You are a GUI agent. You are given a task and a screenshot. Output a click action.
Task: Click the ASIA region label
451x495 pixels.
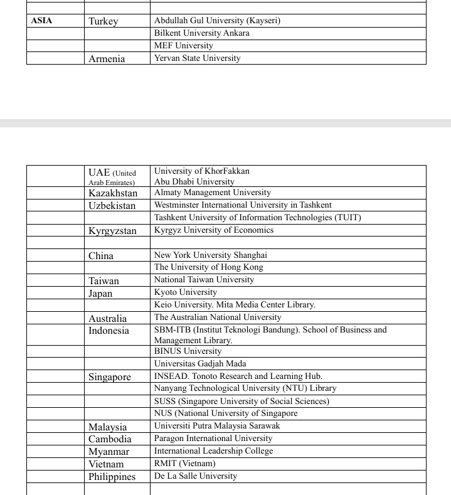(x=42, y=21)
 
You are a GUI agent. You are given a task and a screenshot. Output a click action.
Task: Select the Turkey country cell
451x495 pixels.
(x=103, y=21)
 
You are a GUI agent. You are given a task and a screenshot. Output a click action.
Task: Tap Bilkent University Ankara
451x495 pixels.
(x=202, y=33)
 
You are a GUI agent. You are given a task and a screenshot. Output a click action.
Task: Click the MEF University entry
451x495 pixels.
(x=184, y=46)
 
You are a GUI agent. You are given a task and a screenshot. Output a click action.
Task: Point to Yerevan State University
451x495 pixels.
(x=198, y=58)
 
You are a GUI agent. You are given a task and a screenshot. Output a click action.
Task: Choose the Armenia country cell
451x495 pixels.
(x=107, y=59)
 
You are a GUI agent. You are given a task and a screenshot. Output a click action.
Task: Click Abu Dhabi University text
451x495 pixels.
(x=194, y=182)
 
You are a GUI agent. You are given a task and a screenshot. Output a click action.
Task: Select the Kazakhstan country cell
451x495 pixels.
(x=113, y=193)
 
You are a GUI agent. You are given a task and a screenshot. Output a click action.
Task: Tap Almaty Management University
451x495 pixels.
(x=213, y=193)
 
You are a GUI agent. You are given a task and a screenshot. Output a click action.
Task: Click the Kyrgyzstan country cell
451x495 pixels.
(x=112, y=231)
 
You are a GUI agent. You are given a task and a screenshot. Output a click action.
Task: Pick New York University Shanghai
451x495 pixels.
(x=211, y=255)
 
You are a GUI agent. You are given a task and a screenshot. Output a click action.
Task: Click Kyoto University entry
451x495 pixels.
(x=186, y=292)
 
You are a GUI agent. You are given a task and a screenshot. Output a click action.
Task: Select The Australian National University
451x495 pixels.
(x=218, y=317)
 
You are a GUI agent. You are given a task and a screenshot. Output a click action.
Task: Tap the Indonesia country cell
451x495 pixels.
(x=109, y=331)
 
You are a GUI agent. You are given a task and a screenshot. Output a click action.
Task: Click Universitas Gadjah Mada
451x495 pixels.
(x=200, y=364)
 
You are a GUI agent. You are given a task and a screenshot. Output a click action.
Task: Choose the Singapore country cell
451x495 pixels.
(x=110, y=377)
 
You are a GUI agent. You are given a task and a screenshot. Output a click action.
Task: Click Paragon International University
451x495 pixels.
(x=213, y=439)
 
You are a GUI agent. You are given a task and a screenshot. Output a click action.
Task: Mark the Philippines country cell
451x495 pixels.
(x=112, y=477)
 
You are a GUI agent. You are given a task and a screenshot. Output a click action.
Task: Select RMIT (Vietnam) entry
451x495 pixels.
(x=185, y=464)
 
